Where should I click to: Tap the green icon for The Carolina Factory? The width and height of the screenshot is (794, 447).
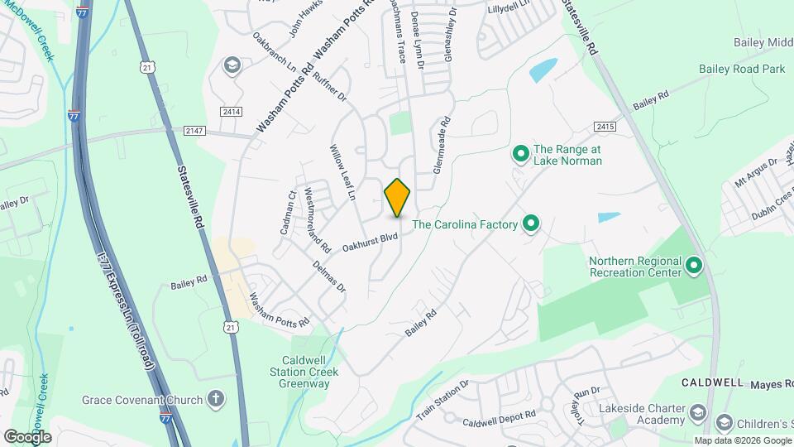click(532, 223)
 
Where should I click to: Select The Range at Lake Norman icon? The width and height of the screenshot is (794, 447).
click(521, 154)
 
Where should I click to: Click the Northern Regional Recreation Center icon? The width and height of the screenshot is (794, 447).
click(694, 267)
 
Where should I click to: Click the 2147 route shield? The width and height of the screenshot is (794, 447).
click(194, 130)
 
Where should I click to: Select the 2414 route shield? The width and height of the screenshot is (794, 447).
click(231, 111)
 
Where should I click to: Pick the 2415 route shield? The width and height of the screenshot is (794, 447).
click(605, 127)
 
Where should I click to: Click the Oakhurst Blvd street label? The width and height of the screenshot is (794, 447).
click(371, 241)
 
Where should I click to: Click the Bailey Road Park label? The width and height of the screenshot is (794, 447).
click(742, 70)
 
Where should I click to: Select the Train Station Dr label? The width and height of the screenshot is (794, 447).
click(442, 401)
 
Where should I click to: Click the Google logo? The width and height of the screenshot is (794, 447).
click(26, 436)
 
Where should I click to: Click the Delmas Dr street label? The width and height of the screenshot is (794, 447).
click(329, 276)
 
